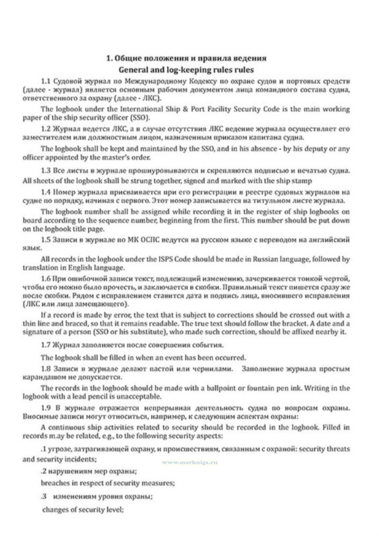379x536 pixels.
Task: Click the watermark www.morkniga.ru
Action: [189, 462]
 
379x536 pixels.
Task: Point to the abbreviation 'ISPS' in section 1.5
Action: [166, 259]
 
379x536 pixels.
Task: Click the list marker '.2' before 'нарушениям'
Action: [43, 471]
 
